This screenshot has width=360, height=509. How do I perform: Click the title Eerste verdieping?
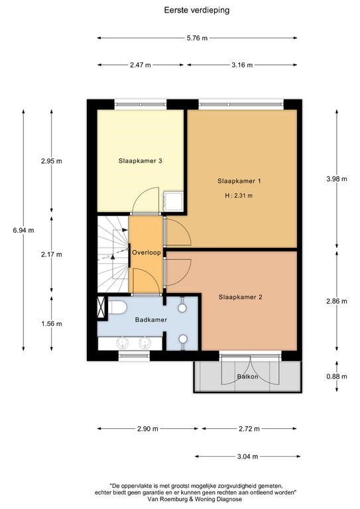tap(197, 11)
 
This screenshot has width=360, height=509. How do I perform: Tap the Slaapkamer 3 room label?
tap(141, 160)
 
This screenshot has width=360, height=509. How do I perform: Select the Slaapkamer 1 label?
tap(239, 181)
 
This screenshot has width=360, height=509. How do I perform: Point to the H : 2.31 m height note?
tap(239, 196)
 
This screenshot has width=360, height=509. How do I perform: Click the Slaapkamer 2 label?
tap(240, 297)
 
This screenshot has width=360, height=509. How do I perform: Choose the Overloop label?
tap(147, 253)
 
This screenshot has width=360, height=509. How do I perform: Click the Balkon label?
tap(248, 376)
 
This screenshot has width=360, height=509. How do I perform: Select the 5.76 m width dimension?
tap(197, 38)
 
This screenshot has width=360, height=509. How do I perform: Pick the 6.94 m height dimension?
tap(23, 231)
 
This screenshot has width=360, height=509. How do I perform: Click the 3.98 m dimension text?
tap(337, 178)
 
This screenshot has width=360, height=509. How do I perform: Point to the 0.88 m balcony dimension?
tap(337, 376)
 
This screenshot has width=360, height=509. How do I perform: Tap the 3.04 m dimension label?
tap(248, 457)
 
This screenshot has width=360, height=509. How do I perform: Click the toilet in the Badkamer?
tap(117, 308)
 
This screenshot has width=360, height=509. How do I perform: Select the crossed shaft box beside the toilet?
tap(102, 307)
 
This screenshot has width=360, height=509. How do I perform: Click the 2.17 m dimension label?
tap(52, 254)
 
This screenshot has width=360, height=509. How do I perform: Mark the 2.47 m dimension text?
tap(141, 65)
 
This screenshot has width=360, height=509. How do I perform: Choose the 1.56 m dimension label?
tap(52, 323)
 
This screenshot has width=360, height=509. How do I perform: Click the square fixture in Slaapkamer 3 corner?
tap(173, 201)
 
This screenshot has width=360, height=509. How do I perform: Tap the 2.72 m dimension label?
tap(249, 429)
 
